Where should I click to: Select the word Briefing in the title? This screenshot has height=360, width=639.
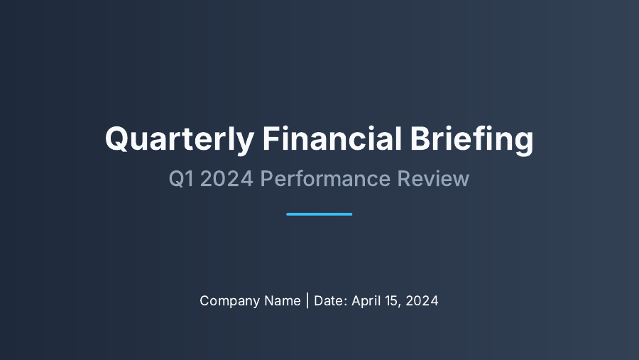(x=471, y=138)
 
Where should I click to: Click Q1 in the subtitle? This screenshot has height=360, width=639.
(x=181, y=179)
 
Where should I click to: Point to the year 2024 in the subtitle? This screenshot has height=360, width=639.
(x=226, y=179)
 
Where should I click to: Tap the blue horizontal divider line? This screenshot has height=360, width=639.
(x=319, y=214)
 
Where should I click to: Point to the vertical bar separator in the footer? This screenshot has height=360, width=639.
(x=307, y=300)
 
